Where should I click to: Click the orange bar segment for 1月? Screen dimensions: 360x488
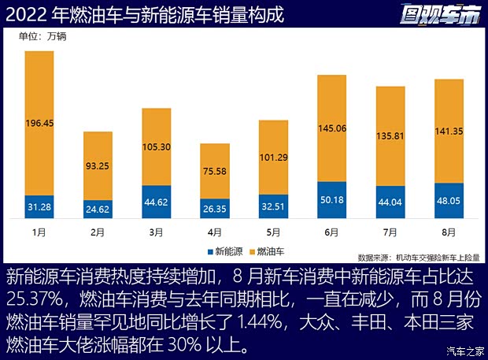(x=39, y=123)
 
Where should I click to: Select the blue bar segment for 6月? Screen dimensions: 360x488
(x=331, y=199)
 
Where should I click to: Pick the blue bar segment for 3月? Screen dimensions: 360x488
(x=157, y=202)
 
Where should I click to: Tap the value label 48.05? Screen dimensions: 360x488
(x=449, y=200)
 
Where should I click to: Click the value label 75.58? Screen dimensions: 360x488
(x=215, y=171)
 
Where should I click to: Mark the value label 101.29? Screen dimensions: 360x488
(x=273, y=157)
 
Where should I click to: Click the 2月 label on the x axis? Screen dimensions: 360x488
(x=98, y=232)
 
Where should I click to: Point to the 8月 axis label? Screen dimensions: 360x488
(x=449, y=232)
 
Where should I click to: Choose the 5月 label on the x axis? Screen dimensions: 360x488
(x=273, y=232)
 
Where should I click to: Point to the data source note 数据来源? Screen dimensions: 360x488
(x=417, y=257)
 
